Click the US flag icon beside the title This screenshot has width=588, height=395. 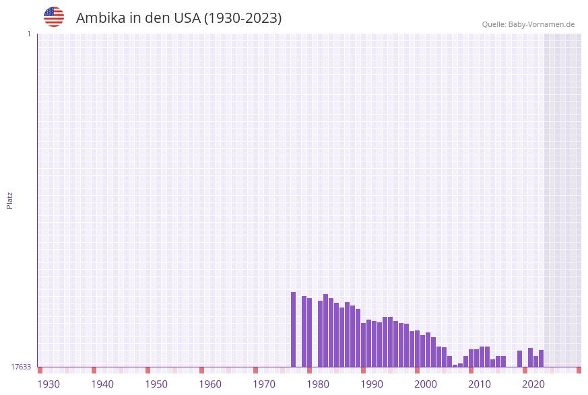54,17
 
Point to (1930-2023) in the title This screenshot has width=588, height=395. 243,18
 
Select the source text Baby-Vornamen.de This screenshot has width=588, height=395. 541,24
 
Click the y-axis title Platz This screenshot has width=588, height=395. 10,201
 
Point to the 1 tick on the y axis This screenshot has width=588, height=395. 28,34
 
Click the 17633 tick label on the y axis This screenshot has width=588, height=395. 21,367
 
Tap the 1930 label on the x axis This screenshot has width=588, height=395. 48,384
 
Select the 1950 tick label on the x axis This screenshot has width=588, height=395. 156,384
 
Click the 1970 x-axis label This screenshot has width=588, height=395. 264,384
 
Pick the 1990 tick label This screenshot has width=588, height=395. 372,384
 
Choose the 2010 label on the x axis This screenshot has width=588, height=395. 480,384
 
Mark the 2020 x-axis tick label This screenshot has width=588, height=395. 533,384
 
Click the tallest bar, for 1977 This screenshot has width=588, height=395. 294,330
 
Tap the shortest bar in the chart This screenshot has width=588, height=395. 455,365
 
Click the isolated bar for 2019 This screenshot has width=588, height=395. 520,359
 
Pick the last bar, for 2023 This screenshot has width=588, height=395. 542,359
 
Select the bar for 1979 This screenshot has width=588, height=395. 304,332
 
